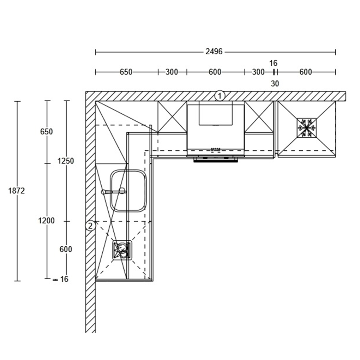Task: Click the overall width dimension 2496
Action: [x=214, y=52]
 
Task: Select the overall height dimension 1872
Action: [x=16, y=191]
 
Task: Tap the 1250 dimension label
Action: [x=66, y=161]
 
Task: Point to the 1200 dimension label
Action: [x=46, y=221]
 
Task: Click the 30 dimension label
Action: [x=275, y=84]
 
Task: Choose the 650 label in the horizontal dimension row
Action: [x=126, y=72]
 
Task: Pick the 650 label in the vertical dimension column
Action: [x=46, y=132]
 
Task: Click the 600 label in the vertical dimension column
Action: [x=66, y=249]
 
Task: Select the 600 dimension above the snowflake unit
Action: [x=306, y=72]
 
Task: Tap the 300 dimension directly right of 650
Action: [x=172, y=72]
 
